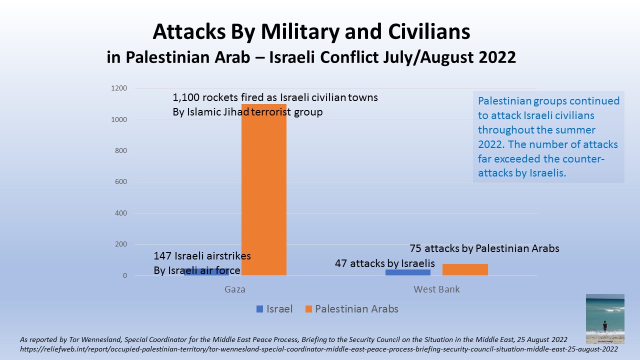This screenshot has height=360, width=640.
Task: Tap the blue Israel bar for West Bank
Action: tap(408, 272)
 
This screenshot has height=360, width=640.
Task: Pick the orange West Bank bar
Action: tap(465, 269)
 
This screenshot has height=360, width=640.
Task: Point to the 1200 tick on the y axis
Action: tap(120, 88)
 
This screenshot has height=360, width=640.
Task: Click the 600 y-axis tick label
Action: tap(122, 182)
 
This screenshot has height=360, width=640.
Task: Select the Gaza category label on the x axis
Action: tap(235, 289)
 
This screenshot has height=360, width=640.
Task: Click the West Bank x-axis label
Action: tap(436, 289)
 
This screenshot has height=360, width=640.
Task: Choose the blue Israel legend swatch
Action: tap(259, 309)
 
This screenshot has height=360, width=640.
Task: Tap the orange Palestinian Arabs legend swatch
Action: tap(308, 309)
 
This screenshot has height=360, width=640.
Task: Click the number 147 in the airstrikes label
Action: tap(162, 256)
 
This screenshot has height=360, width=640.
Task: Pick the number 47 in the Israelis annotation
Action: tap(341, 263)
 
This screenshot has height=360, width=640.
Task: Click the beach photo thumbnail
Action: tap(605, 318)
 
